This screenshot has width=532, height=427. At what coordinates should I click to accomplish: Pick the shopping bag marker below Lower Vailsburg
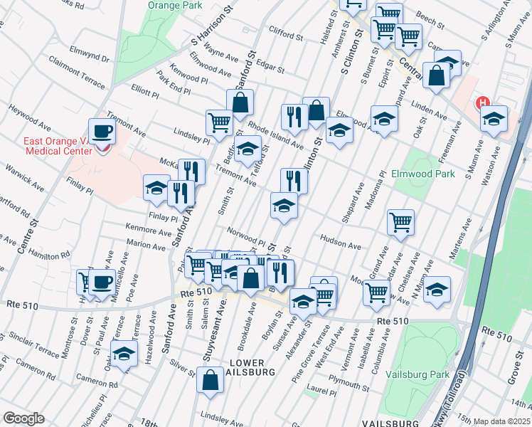click(x=212, y=381)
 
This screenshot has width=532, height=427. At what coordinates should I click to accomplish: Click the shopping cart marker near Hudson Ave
click(x=400, y=222)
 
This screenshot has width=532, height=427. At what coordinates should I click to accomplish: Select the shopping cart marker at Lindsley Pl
click(x=219, y=122)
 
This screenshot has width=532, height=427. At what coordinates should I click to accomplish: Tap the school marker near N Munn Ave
click(x=437, y=290)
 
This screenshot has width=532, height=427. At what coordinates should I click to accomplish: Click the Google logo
click(x=23, y=418)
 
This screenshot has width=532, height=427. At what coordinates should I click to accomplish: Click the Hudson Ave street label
click(x=341, y=242)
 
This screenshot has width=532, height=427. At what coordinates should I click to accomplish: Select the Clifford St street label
click(x=287, y=31)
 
